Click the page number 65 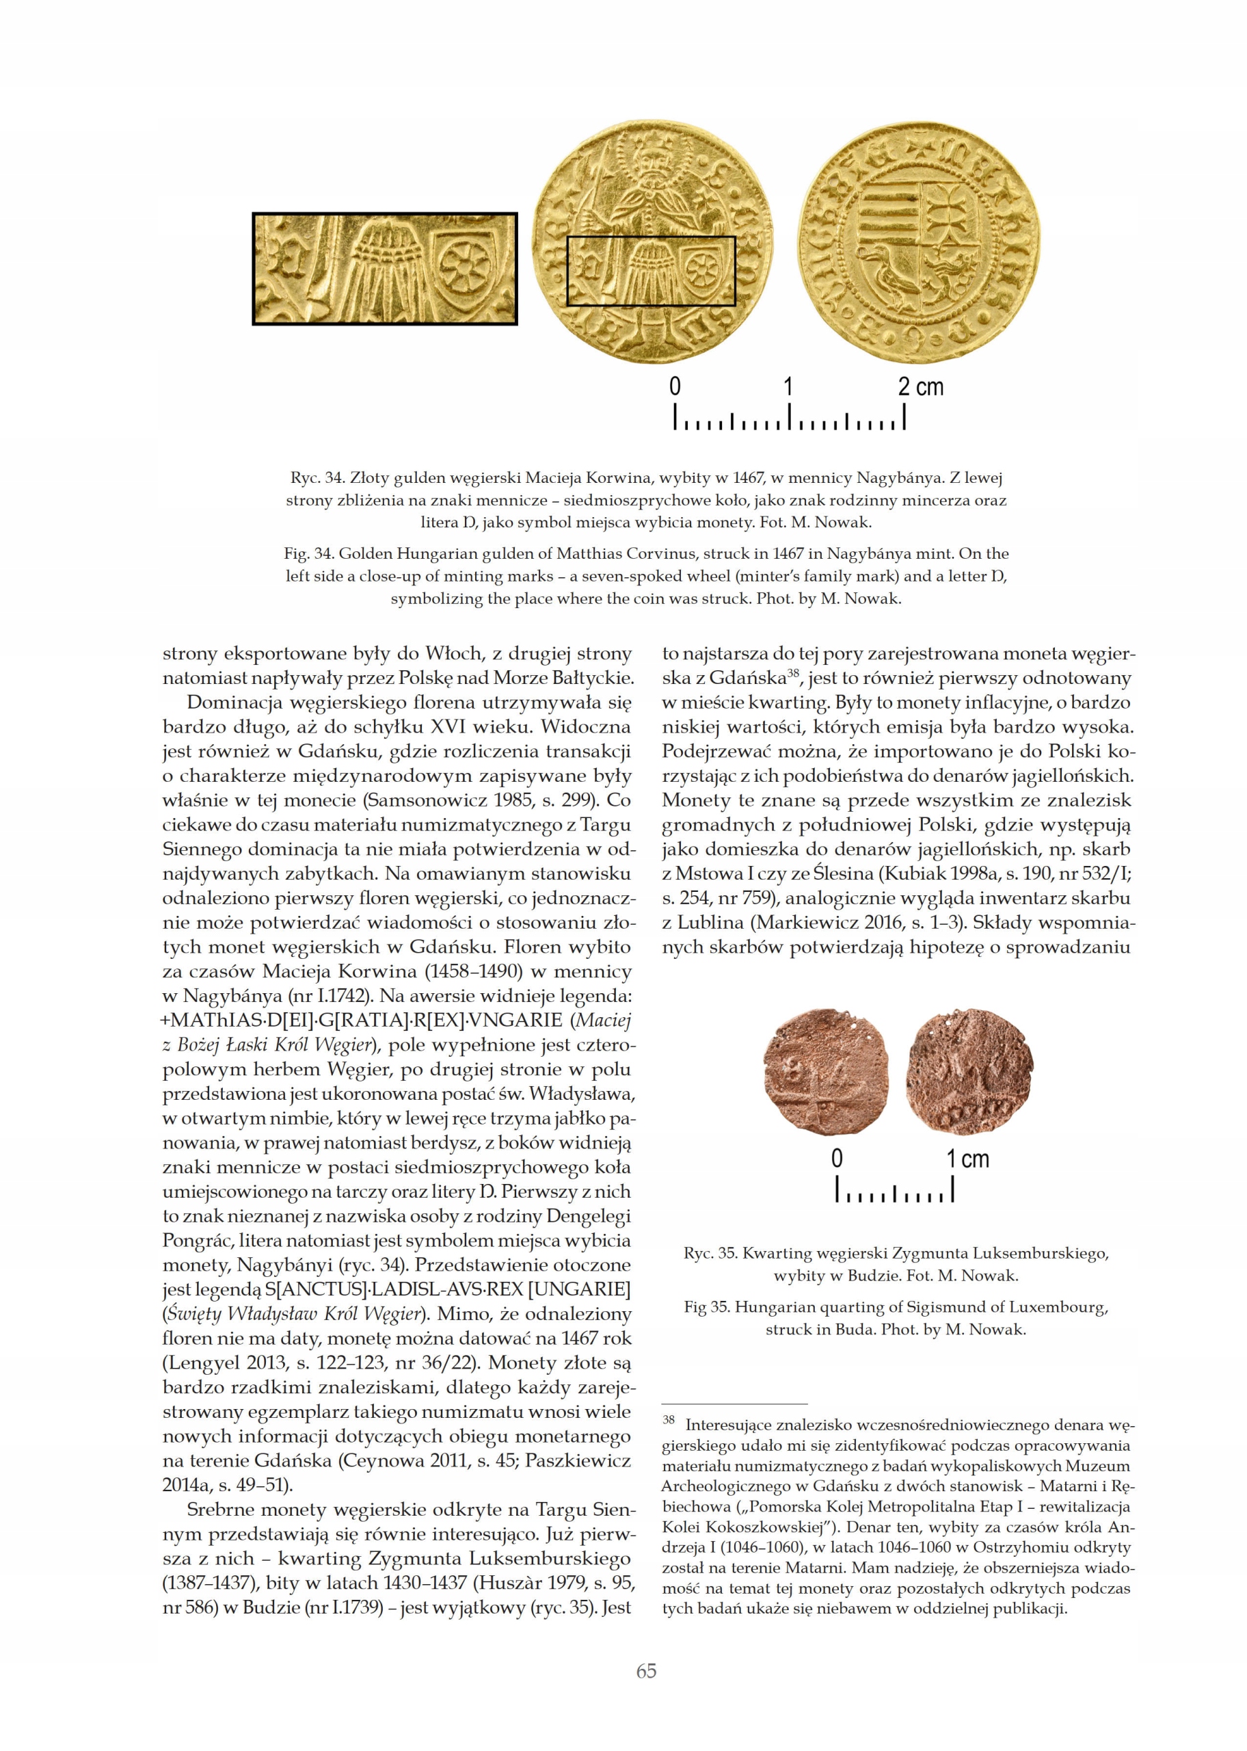(646, 1671)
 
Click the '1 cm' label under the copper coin (967, 1159)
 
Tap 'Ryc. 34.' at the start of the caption (314, 477)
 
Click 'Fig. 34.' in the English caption (310, 554)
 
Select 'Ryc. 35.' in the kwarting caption (710, 1253)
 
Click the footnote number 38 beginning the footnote (668, 1420)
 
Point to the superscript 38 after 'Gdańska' (794, 674)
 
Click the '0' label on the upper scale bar (675, 386)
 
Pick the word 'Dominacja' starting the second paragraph (233, 702)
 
